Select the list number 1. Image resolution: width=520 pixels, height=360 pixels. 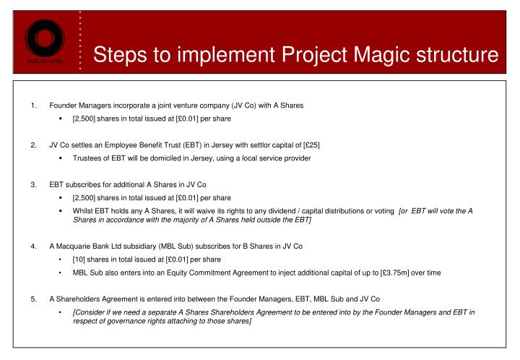click(34, 106)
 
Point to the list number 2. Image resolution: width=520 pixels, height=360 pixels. click(34, 145)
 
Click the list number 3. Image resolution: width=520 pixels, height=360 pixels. click(34, 184)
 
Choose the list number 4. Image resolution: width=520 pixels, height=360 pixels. click(34, 247)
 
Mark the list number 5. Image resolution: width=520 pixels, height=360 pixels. click(34, 297)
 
